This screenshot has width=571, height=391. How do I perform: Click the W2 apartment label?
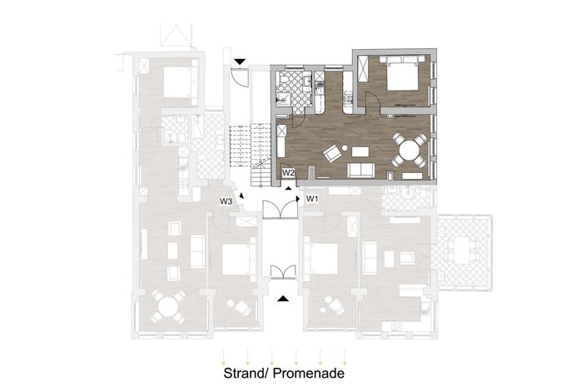288,172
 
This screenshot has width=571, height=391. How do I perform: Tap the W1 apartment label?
312,199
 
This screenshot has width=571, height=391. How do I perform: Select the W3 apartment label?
226,201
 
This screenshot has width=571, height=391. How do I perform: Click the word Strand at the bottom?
245,374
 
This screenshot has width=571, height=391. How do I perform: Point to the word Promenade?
309,374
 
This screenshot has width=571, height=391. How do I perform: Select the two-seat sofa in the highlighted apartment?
361,170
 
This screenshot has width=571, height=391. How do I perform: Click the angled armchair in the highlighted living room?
332,153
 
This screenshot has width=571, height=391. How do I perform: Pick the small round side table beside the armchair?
345,148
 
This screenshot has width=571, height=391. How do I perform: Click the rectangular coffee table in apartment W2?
360,151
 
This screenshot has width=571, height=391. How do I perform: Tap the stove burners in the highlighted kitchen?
347,98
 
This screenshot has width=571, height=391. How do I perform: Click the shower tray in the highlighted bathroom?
283,99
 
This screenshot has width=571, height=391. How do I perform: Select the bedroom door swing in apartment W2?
372,98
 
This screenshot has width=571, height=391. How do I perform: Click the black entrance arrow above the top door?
240,62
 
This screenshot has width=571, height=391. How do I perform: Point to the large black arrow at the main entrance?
283,299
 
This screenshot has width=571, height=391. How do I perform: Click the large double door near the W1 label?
281,209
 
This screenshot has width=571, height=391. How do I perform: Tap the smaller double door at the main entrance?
283,272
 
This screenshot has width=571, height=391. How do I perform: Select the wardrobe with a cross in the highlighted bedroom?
364,69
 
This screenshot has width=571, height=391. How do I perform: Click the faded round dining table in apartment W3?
168,306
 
